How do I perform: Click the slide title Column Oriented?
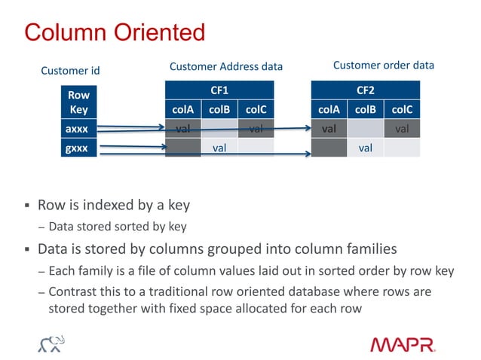[115, 32]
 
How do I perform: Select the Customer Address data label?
[225, 67]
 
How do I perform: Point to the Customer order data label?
[383, 66]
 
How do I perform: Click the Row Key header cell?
[78, 103]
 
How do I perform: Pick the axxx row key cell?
[76, 129]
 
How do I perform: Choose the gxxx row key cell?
[76, 148]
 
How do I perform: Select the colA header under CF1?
[182, 110]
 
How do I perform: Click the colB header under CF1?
[219, 110]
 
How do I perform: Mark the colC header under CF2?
[402, 110]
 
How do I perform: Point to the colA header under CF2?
[329, 110]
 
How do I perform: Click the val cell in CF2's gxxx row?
[366, 148]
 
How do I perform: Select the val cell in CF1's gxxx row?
[219, 148]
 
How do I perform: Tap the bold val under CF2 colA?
[329, 129]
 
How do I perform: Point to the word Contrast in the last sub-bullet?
[72, 291]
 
